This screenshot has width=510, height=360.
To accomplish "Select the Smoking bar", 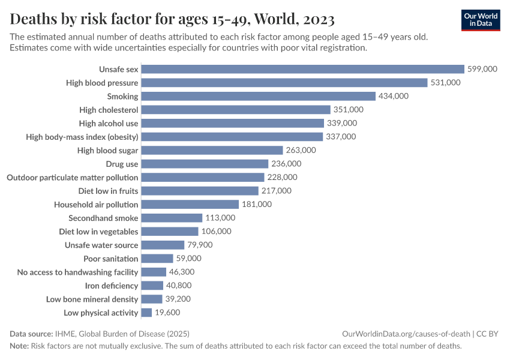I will click(259, 96).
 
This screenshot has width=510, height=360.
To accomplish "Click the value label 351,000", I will click(349, 110).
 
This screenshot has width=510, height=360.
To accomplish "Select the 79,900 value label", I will click(200, 245).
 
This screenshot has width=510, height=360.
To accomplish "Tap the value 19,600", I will click(167, 313).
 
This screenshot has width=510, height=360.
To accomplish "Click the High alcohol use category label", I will click(109, 123).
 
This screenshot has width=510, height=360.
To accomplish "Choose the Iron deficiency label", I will click(112, 286).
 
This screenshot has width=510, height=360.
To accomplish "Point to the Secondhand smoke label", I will click(103, 218).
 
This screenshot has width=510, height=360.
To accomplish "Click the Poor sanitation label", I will click(111, 259).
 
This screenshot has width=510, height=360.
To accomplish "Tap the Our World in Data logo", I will click(481, 20).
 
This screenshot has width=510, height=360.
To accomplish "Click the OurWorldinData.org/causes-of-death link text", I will click(406, 334).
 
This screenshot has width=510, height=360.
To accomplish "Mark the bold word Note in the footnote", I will click(19, 346).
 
